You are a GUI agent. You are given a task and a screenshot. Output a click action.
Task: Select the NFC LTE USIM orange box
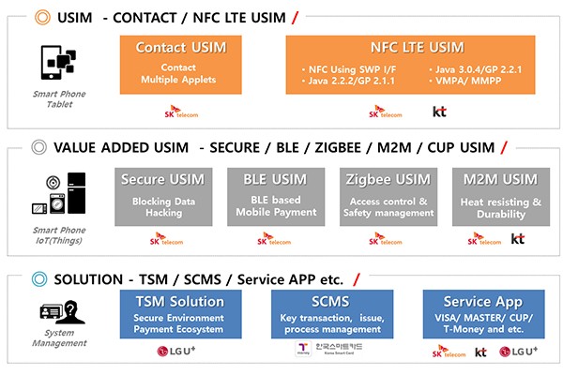tap(410, 65)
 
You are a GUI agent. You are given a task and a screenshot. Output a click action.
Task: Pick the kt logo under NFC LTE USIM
tap(439, 112)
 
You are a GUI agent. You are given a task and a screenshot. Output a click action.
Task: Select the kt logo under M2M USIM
tap(517, 240)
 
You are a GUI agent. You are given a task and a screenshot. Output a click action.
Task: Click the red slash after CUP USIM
tap(504, 147)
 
